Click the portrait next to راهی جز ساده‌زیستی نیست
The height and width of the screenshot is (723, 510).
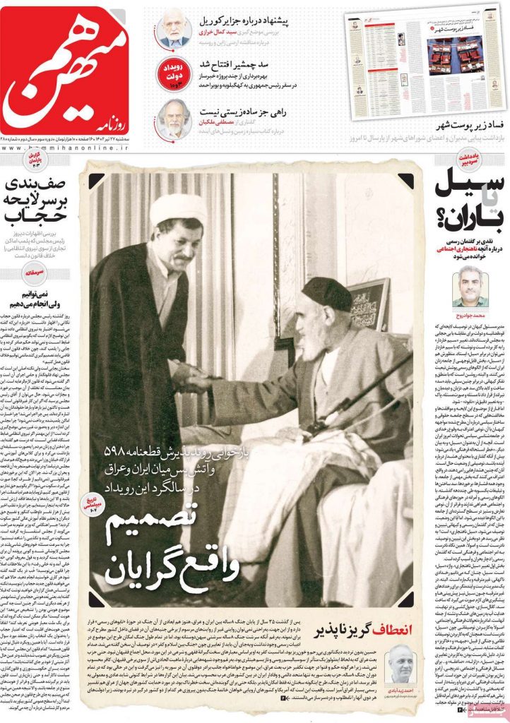[x=174, y=118]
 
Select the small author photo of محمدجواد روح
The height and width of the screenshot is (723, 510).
[x=467, y=285]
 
